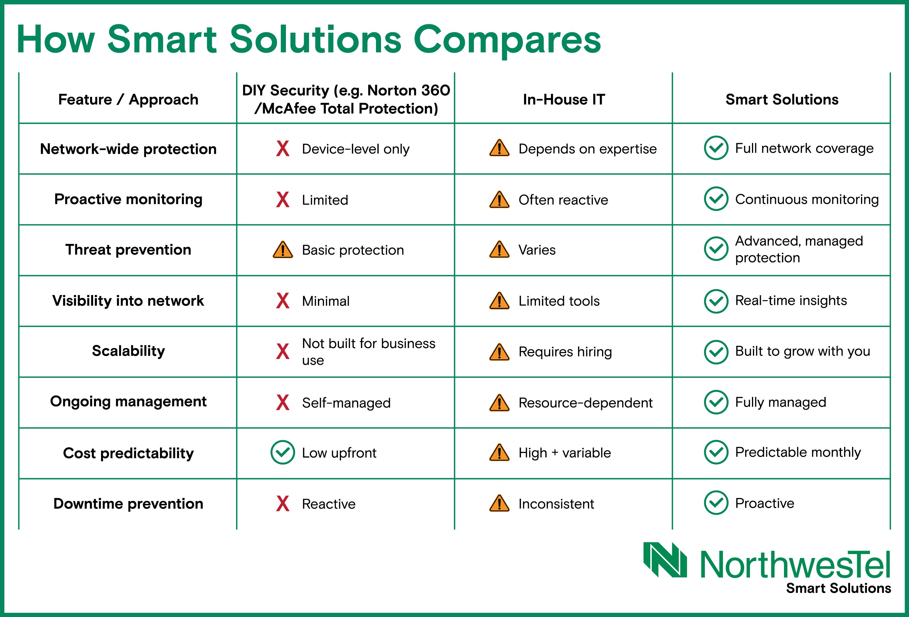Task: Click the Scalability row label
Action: (x=128, y=351)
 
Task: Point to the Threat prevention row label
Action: (x=128, y=249)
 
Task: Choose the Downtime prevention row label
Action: (x=128, y=504)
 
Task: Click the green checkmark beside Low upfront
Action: (x=282, y=452)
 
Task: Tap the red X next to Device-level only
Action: (x=283, y=149)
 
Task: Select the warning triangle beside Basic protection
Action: (x=283, y=250)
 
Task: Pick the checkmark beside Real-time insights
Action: (x=716, y=301)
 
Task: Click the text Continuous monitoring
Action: (x=807, y=199)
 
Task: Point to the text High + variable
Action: (x=564, y=453)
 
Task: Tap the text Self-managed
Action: (x=346, y=403)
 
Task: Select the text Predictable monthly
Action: (x=798, y=452)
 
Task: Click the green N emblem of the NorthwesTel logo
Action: (x=665, y=560)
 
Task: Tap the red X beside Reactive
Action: (x=283, y=504)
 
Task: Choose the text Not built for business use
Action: (x=369, y=352)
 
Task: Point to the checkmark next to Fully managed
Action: (x=716, y=402)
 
